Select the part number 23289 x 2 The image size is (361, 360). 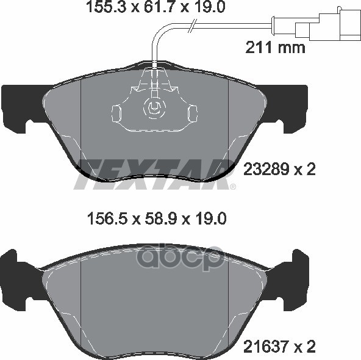tap(279, 170)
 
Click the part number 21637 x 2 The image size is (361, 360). tap(279, 347)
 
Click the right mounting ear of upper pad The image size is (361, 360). tap(291, 107)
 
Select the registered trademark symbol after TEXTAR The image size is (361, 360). tap(232, 186)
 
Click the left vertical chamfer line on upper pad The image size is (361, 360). tap(81, 122)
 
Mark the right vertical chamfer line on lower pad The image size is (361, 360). tap(227, 299)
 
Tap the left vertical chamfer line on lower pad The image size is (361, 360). tap(81, 299)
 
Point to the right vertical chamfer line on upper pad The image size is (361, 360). tap(227, 122)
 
